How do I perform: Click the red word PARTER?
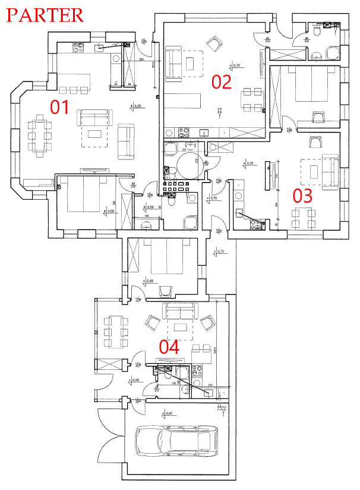pyautogui.click(x=45, y=14)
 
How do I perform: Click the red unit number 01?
pyautogui.click(x=59, y=107)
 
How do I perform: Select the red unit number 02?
pyautogui.click(x=221, y=81)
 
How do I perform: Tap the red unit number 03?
pyautogui.click(x=302, y=196)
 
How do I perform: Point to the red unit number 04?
pyautogui.click(x=169, y=347)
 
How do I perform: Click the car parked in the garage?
pyautogui.click(x=173, y=441)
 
